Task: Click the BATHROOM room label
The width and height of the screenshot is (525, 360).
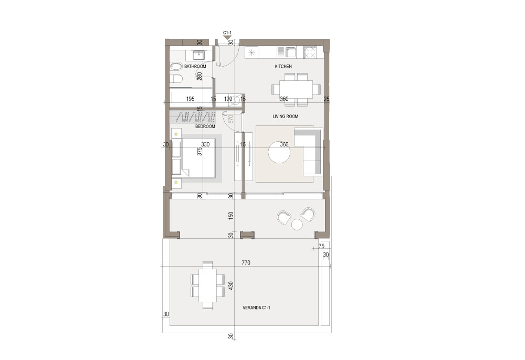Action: [x=195, y=66]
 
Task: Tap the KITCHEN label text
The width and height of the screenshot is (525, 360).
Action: [x=283, y=66]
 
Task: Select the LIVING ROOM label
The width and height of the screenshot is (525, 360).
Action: [x=285, y=117]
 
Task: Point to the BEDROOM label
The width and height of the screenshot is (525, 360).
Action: [x=205, y=126]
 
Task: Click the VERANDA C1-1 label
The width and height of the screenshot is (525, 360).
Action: [x=256, y=308]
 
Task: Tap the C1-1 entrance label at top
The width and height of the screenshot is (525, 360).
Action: [x=227, y=33]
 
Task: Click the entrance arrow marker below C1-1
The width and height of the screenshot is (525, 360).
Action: [x=227, y=37]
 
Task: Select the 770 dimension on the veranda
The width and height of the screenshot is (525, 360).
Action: [x=246, y=263]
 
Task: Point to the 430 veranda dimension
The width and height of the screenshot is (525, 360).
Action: [x=231, y=285]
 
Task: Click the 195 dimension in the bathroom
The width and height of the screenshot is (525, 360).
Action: [x=190, y=99]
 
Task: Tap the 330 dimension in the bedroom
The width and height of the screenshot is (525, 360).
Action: [x=205, y=144]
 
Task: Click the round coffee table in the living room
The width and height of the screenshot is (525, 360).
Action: [x=279, y=152]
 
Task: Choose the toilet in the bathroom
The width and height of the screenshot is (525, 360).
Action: [x=176, y=79]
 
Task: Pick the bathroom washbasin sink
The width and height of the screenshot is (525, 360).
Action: [x=199, y=55]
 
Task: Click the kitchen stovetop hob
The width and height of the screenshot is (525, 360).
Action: [x=310, y=52]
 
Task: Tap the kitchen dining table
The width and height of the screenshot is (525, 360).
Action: [x=296, y=89]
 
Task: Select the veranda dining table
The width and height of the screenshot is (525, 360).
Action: [x=207, y=285]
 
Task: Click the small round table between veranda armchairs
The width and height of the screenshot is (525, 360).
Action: [x=297, y=225]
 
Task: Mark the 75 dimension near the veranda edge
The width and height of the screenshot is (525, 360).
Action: [x=321, y=246]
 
